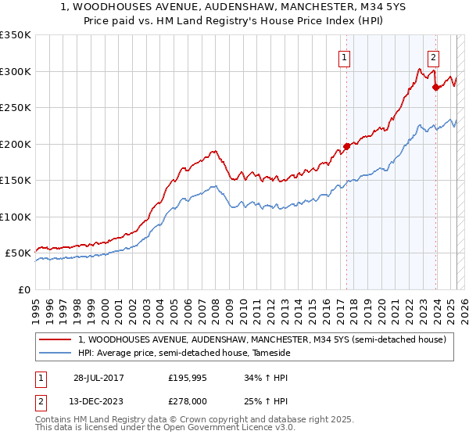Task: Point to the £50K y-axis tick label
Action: (17, 253)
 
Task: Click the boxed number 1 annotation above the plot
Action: (345, 56)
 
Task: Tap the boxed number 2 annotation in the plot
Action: (433, 56)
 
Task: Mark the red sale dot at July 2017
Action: (346, 146)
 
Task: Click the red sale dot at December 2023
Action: (435, 87)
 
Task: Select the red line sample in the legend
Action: (55, 339)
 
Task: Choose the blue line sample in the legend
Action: (55, 353)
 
